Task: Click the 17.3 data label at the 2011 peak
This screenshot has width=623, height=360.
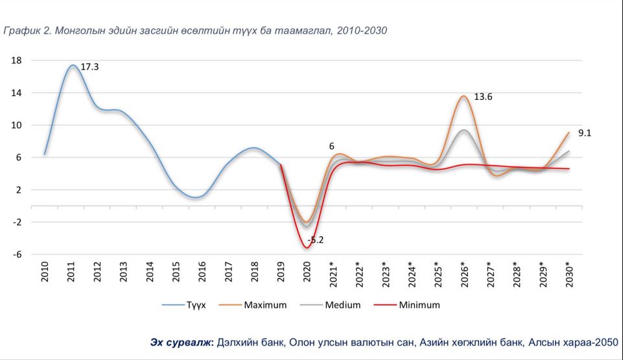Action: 89,66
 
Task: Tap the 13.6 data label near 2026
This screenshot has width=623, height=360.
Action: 483,97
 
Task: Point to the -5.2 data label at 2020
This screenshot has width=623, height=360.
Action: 315,239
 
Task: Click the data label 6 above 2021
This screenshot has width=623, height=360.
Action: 331,147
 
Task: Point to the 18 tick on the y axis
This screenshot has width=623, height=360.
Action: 17,60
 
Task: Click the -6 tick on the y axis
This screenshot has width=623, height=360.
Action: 17,254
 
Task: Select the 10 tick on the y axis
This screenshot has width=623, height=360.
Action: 17,125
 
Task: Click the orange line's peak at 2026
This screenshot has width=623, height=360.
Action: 464,97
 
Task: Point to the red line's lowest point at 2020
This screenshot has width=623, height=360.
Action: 307,248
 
